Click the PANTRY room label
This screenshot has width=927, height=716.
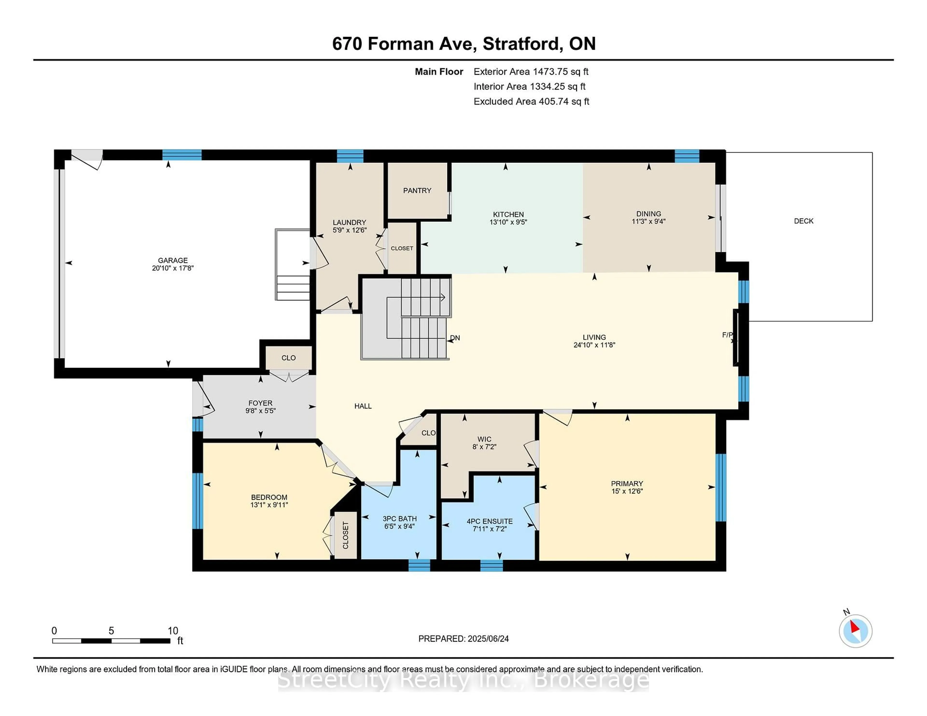click(x=417, y=190)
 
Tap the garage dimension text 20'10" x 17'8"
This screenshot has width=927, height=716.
click(x=173, y=268)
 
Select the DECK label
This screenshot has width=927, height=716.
click(x=803, y=221)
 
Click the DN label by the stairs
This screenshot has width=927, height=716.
click(x=455, y=338)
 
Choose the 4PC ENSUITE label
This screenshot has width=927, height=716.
click(x=489, y=521)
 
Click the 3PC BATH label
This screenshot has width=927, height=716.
click(x=400, y=519)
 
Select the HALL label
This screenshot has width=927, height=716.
click(x=363, y=406)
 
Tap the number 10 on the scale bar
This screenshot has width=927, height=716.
click(x=173, y=631)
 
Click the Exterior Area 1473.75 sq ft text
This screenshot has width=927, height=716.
click(x=531, y=72)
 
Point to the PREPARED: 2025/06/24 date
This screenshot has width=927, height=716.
click(x=463, y=639)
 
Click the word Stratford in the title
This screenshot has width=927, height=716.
click(x=521, y=44)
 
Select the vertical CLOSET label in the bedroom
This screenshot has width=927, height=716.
click(x=345, y=535)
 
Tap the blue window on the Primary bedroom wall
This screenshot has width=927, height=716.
click(x=721, y=487)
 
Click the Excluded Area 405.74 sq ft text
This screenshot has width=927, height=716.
click(x=531, y=101)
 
